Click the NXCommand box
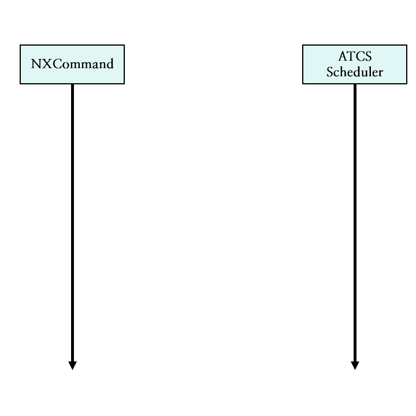(x=72, y=64)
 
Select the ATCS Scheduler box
(x=355, y=64)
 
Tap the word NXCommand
(x=72, y=64)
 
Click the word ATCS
(x=355, y=57)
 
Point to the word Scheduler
(x=355, y=72)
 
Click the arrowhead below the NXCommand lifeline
(x=72, y=365)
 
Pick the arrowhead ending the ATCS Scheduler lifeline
(x=355, y=365)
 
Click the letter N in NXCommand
(x=35, y=64)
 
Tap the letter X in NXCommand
(x=43, y=64)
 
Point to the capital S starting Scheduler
(x=329, y=72)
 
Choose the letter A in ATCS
(x=342, y=57)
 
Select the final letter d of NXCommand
(x=110, y=64)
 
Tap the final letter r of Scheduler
(x=381, y=73)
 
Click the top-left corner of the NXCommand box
(x=20, y=45)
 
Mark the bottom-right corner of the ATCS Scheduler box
(x=407, y=83)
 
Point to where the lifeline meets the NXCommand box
(x=72, y=84)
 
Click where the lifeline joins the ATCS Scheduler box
(x=355, y=84)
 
